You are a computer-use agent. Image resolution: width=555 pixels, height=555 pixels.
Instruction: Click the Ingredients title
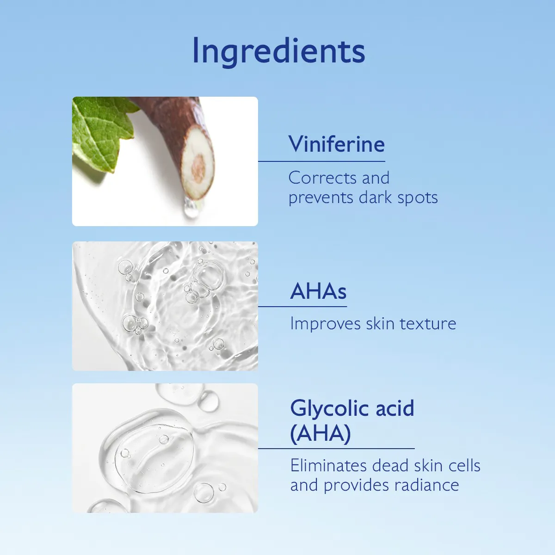278,51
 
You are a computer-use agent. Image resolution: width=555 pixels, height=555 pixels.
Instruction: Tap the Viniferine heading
337,144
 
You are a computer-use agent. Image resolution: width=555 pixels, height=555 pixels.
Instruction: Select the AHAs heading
318,291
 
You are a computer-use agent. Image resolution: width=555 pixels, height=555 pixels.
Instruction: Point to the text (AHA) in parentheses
320,434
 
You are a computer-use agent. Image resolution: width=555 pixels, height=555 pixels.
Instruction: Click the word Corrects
322,178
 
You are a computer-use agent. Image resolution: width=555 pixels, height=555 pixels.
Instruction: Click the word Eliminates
329,466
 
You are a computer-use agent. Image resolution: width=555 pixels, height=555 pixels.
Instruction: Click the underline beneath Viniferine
321,161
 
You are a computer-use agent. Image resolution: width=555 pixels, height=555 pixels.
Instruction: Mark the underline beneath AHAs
302,306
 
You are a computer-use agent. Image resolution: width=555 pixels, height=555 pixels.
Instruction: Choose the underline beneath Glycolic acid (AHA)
336,448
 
